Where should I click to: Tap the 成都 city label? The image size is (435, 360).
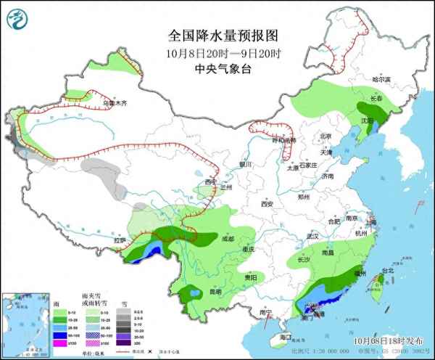(228, 238)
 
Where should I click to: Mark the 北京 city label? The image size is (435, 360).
(326, 136)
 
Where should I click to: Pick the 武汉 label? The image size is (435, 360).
(313, 237)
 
